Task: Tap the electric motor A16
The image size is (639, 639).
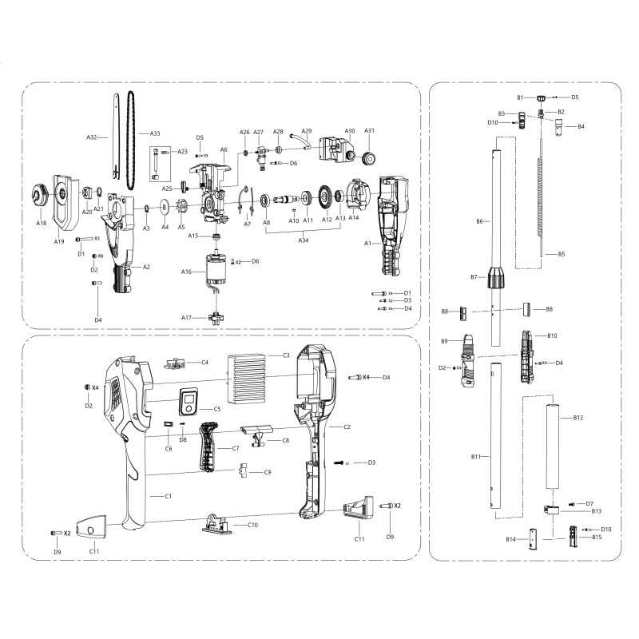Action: pos(214,272)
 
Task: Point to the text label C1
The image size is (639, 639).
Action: pos(169,497)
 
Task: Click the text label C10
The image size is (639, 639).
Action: pos(252,525)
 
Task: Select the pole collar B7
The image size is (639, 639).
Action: pos(498,277)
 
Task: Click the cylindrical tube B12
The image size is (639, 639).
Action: pos(550,451)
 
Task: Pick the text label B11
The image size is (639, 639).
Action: pos(476,456)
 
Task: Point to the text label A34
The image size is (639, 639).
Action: pos(304,239)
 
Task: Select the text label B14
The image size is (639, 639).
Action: pos(511,540)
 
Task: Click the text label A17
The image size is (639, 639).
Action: pos(187,317)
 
